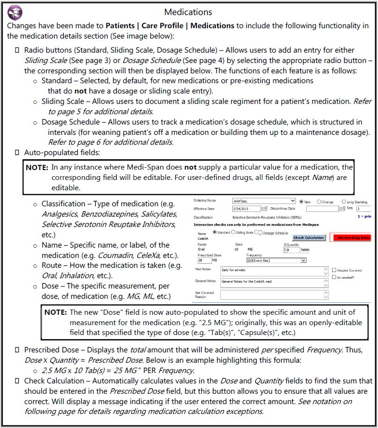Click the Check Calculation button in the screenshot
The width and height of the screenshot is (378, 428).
[x=309, y=238]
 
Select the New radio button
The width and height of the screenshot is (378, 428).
[x=301, y=202]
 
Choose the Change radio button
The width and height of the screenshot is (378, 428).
[x=320, y=202]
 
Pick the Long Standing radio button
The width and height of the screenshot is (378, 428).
[x=344, y=202]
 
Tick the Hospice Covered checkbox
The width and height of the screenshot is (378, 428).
[x=333, y=270]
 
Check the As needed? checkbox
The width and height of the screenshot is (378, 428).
[x=333, y=278]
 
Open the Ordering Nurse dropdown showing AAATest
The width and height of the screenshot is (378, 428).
[x=264, y=201]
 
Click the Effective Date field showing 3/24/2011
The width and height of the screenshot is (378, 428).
[x=246, y=209]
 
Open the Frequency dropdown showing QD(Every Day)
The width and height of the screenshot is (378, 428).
[x=276, y=260]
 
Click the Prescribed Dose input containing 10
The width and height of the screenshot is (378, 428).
[x=204, y=260]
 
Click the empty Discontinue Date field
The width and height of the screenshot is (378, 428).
[x=321, y=209]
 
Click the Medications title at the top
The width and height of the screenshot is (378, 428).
[x=189, y=12]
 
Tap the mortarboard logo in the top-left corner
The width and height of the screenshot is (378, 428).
[x=13, y=12]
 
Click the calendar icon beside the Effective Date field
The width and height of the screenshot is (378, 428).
[x=264, y=209]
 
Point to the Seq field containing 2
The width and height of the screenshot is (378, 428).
[x=363, y=209]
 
